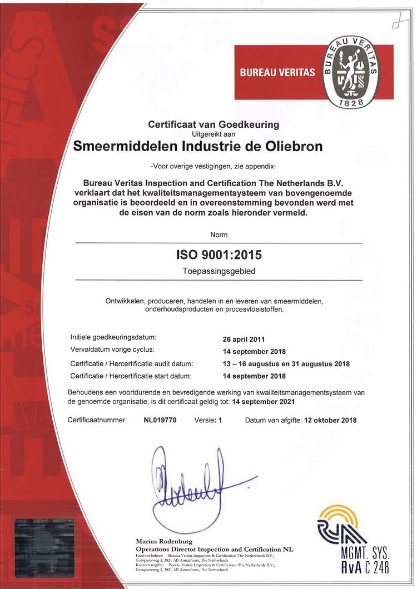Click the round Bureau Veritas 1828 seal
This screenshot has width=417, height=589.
(x=350, y=72)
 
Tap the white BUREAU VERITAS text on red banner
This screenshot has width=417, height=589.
(x=277, y=72)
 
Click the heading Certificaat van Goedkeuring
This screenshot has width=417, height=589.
(x=214, y=124)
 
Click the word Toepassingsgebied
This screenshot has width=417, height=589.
(x=219, y=272)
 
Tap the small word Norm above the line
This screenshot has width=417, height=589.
(x=219, y=235)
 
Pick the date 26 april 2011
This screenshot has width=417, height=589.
(x=244, y=339)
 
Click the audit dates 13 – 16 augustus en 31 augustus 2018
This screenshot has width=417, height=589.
(x=286, y=364)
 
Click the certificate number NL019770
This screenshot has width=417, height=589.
(x=160, y=420)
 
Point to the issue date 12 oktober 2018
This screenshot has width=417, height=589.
(x=330, y=420)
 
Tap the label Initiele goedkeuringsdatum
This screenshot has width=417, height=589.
(x=113, y=337)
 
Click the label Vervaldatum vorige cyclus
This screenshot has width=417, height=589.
(x=112, y=350)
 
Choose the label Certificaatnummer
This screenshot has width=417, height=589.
(x=97, y=420)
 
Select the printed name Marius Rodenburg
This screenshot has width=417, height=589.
(x=165, y=541)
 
